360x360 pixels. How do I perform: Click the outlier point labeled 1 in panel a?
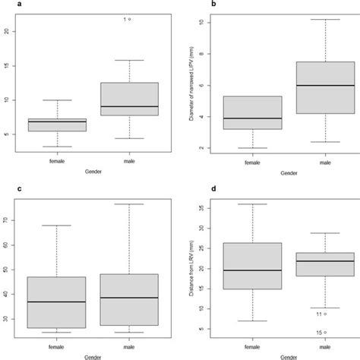pos(130,19)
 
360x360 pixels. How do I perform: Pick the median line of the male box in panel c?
pos(125,298)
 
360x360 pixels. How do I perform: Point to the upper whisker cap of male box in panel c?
pos(125,204)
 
